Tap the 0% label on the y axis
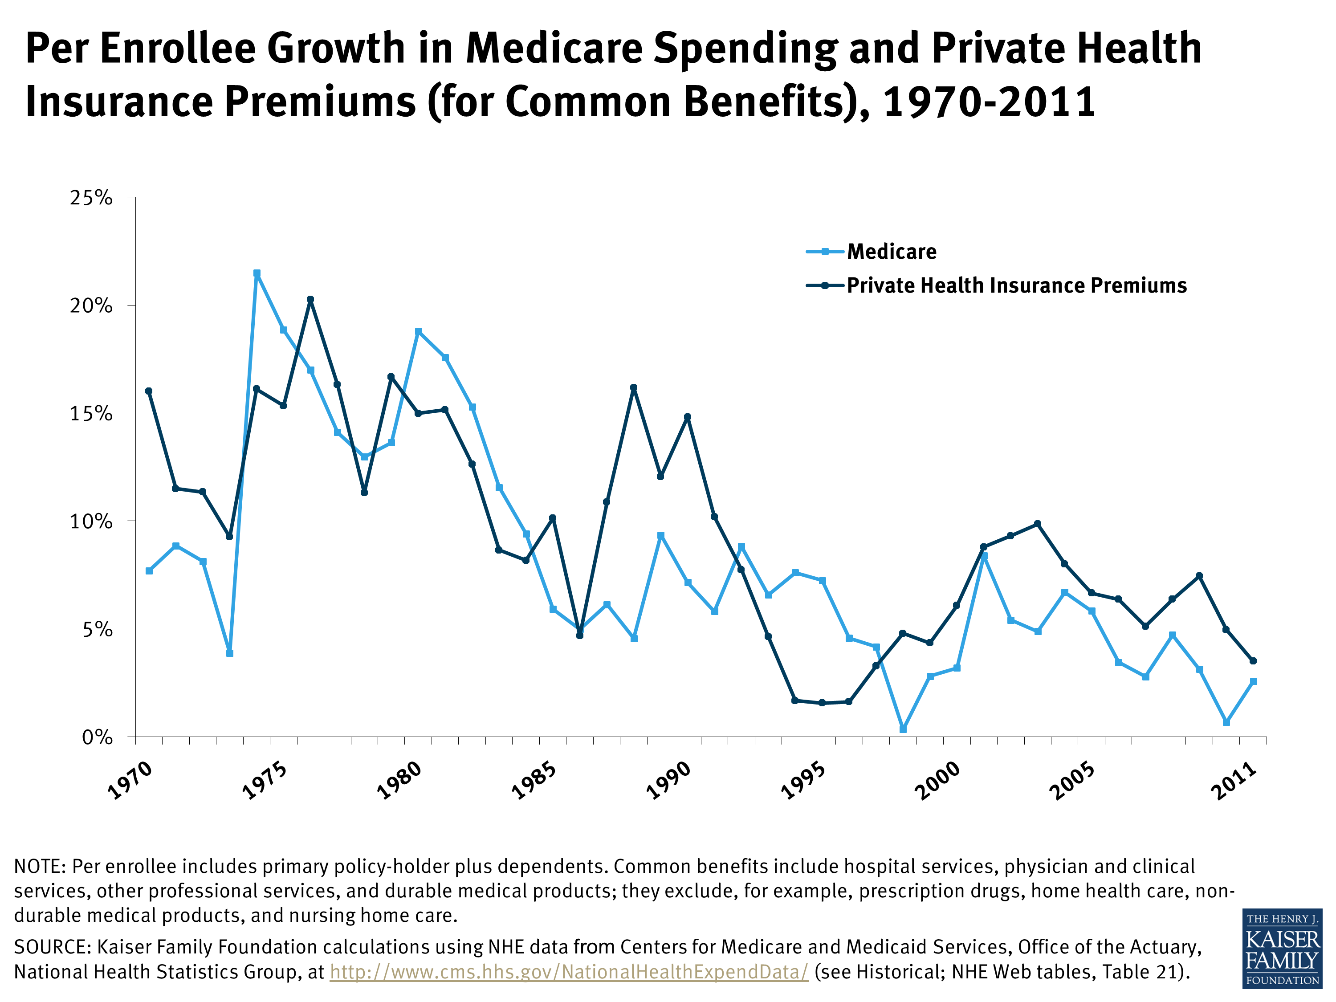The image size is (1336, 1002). tap(97, 737)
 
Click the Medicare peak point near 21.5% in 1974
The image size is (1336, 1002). tap(257, 273)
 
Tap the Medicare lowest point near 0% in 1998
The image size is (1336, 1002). tap(903, 729)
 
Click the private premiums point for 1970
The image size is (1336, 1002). tap(149, 391)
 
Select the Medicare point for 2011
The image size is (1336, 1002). tap(1253, 681)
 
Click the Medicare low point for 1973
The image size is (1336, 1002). tap(229, 653)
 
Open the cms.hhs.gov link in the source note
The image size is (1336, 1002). tap(569, 972)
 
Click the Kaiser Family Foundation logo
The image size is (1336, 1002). tap(1282, 948)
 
